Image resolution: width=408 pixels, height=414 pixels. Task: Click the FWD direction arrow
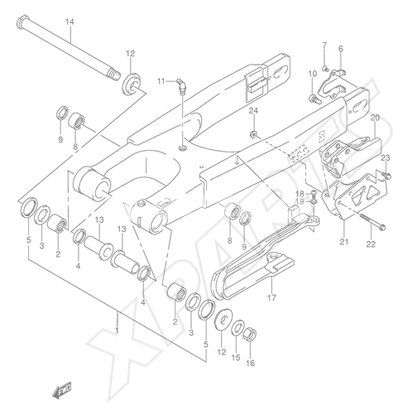(x=62, y=389)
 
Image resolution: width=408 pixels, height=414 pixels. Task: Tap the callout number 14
(x=70, y=22)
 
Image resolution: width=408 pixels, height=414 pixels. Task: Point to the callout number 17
(x=271, y=297)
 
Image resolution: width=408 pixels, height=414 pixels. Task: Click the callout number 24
(x=253, y=111)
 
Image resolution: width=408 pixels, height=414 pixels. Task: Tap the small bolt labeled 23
(x=386, y=175)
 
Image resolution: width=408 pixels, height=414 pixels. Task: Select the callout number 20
(x=375, y=118)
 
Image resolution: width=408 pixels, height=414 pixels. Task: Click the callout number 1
(x=117, y=330)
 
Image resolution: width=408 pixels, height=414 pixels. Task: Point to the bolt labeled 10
(x=314, y=99)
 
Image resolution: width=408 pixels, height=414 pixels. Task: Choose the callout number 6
(x=341, y=49)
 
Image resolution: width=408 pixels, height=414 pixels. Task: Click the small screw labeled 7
(x=325, y=67)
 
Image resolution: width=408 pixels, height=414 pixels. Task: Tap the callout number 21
(x=343, y=242)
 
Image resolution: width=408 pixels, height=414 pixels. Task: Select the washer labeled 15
(x=238, y=328)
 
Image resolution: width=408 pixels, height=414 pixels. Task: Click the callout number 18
(x=300, y=193)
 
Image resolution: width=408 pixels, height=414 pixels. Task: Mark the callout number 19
(x=300, y=202)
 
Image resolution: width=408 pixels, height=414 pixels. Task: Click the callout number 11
(x=161, y=81)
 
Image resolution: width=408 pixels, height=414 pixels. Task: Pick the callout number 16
(x=250, y=363)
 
